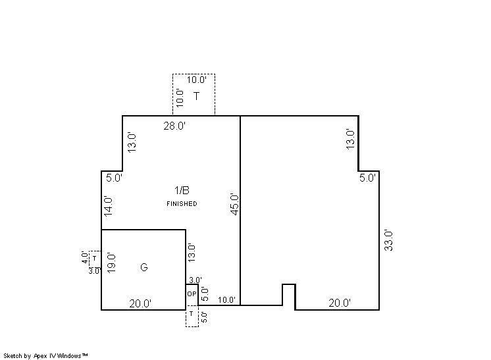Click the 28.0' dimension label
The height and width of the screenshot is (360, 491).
(x=174, y=126)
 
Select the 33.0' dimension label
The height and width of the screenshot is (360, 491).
(x=388, y=240)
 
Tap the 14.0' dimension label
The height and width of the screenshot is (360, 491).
(x=109, y=206)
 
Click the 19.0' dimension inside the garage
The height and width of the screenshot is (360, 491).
(x=111, y=263)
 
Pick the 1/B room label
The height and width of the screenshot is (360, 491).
(x=182, y=190)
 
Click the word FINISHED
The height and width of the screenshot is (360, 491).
(x=182, y=204)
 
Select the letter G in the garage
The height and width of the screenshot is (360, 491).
(x=143, y=267)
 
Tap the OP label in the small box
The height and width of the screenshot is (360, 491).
(x=192, y=294)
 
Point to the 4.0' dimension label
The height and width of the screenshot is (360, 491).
(x=85, y=257)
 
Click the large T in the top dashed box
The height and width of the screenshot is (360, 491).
(x=196, y=96)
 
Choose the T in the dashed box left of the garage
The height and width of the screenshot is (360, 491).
(x=94, y=259)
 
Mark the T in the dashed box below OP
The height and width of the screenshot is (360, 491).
(x=192, y=313)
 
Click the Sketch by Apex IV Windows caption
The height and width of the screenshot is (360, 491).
(x=45, y=356)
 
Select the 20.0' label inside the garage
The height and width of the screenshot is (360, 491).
(x=140, y=303)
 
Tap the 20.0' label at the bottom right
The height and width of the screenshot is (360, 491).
(x=340, y=303)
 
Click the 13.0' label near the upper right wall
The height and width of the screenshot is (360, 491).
(x=350, y=140)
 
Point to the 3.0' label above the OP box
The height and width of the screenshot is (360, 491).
(x=195, y=280)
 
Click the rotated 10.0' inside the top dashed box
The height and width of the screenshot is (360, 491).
(x=180, y=98)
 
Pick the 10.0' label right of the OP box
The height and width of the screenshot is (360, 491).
(x=226, y=300)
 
